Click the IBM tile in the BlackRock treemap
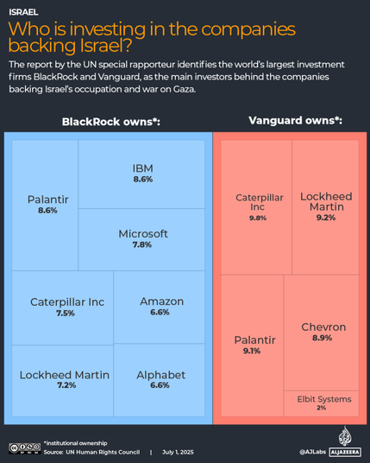(x=142, y=173)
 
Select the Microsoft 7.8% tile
(x=142, y=238)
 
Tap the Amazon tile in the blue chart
(x=160, y=306)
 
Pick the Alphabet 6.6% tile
(x=160, y=379)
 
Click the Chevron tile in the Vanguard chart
(x=323, y=333)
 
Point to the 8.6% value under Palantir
(x=47, y=210)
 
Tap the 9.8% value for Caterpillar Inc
(x=258, y=218)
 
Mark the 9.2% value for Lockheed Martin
(x=325, y=218)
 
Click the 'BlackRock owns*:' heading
(x=110, y=122)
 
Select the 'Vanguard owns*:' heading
(x=295, y=120)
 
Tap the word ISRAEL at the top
(x=23, y=13)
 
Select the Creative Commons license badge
(x=24, y=448)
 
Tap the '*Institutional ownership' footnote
(x=76, y=441)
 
